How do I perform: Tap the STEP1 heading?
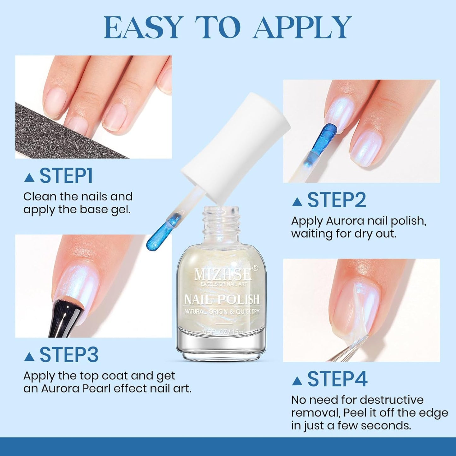click(x=66, y=176)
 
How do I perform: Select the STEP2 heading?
click(x=337, y=200)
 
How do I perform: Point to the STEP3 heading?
click(x=69, y=355)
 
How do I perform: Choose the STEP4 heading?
click(x=337, y=379)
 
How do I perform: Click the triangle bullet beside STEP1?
click(x=29, y=178)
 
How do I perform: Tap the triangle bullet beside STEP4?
click(x=297, y=381)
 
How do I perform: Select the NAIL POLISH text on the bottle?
click(x=222, y=299)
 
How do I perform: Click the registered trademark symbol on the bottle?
click(x=255, y=268)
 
